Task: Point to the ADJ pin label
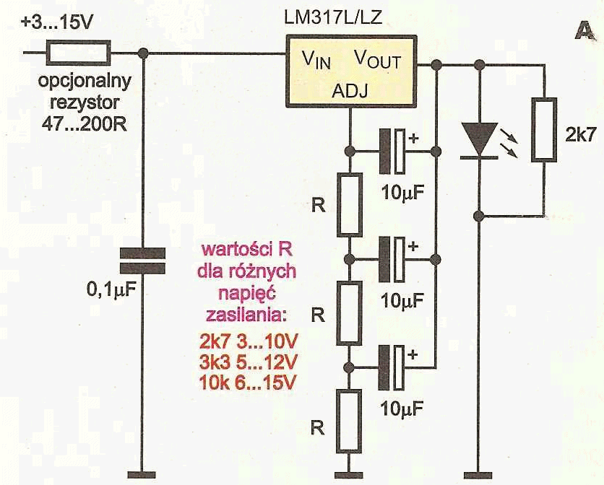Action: (x=350, y=91)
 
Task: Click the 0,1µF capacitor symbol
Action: (x=142, y=261)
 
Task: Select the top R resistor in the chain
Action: (x=350, y=204)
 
